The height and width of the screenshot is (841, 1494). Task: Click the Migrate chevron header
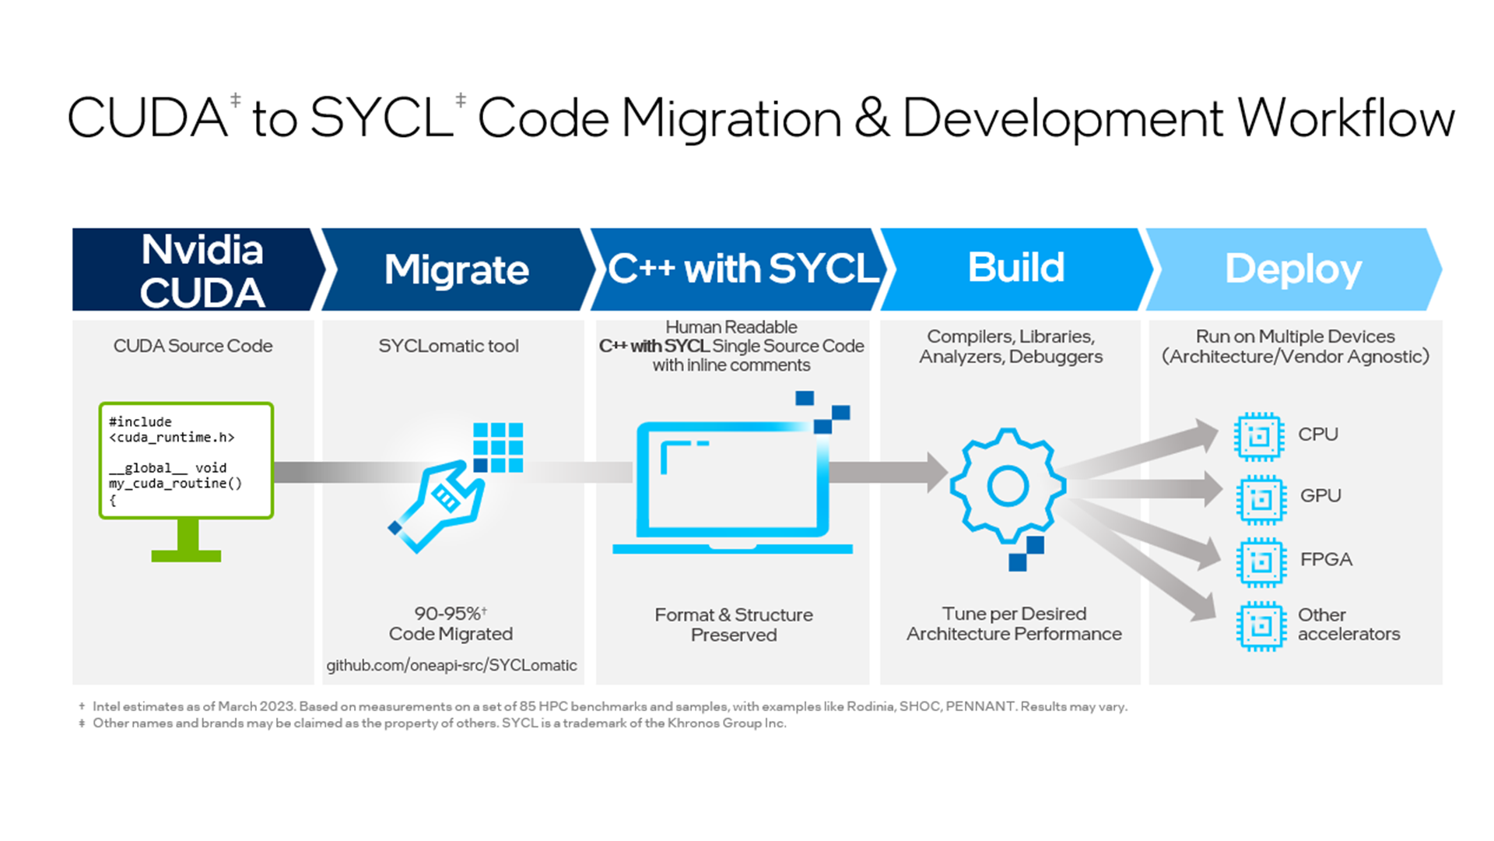click(457, 269)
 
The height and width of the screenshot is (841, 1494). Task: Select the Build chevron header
click(1015, 268)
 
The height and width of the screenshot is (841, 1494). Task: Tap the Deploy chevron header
click(1292, 269)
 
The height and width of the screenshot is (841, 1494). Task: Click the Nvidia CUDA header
click(202, 270)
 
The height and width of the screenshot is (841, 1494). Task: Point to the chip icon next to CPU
click(1258, 436)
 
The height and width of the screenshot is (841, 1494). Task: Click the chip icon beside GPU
click(1261, 498)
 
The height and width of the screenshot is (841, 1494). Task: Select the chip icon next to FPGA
click(1261, 561)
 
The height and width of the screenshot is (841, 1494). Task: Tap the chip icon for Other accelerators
click(1261, 625)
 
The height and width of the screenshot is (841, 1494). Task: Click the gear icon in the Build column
click(1008, 486)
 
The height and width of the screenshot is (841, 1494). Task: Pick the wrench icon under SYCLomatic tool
click(437, 506)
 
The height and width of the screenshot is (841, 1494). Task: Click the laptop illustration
click(731, 487)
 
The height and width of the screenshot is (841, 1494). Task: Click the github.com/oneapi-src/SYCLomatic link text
click(451, 666)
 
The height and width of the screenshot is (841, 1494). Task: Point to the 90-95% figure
click(450, 614)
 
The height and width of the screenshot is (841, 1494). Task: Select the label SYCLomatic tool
click(448, 346)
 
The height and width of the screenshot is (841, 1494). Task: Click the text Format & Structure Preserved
click(733, 625)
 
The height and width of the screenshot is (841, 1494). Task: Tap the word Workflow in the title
click(1345, 118)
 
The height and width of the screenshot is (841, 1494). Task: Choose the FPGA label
click(1326, 559)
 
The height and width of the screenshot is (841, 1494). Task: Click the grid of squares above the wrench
click(498, 447)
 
